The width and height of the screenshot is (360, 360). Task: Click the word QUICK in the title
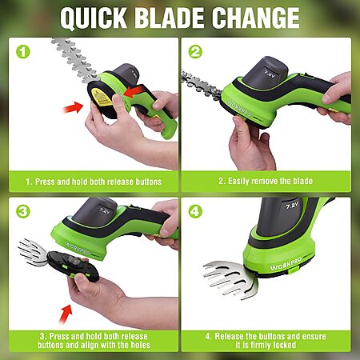(x=94, y=18)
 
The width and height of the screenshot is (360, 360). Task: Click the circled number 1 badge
(x=23, y=52)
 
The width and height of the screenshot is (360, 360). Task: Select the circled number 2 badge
(x=195, y=52)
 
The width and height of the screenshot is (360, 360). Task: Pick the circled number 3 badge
(x=23, y=211)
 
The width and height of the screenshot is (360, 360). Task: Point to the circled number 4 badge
(x=195, y=211)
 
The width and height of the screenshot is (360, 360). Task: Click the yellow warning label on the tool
(x=102, y=98)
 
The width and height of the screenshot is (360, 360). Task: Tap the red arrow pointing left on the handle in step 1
(x=134, y=91)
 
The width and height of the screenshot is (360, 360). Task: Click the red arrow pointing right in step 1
(x=74, y=108)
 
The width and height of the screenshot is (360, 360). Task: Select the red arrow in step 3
(x=66, y=314)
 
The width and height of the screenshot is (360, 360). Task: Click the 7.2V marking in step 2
(x=270, y=74)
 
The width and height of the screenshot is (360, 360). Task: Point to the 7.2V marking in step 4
(x=292, y=206)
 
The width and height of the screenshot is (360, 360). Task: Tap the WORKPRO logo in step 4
(x=286, y=264)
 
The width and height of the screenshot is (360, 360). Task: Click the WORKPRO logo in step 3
(x=78, y=249)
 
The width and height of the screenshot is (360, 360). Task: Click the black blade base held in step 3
(x=74, y=266)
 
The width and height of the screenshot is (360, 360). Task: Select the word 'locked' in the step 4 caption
(x=285, y=345)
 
